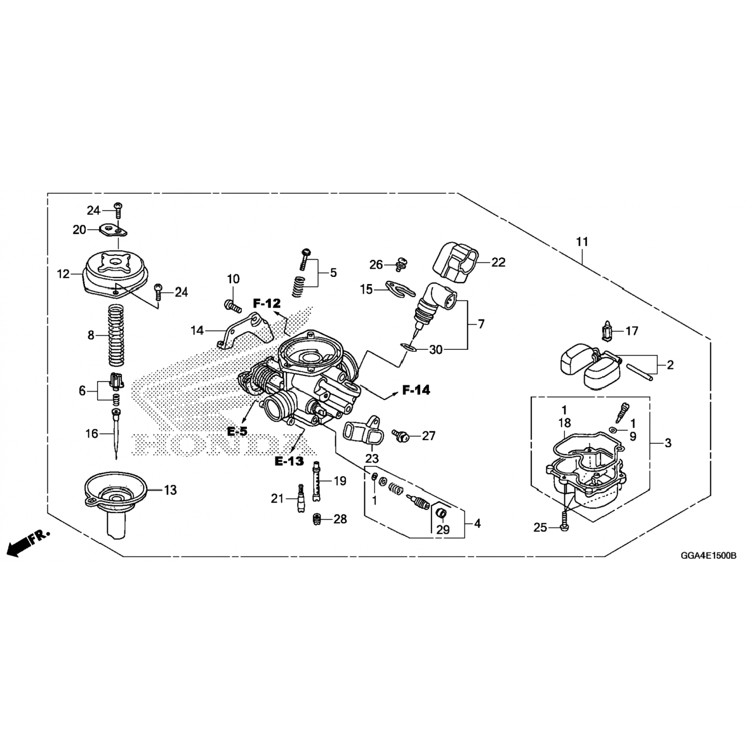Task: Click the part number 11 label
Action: tap(582, 242)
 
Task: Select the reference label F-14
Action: tap(416, 390)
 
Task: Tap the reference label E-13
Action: tap(289, 461)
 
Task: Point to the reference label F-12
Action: tap(266, 303)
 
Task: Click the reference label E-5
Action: tap(237, 431)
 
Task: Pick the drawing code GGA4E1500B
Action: tap(708, 556)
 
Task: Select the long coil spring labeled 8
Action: tap(117, 335)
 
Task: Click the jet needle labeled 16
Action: tap(117, 432)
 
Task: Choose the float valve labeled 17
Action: tap(607, 331)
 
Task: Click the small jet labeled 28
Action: tap(317, 519)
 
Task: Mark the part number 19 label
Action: tap(340, 481)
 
